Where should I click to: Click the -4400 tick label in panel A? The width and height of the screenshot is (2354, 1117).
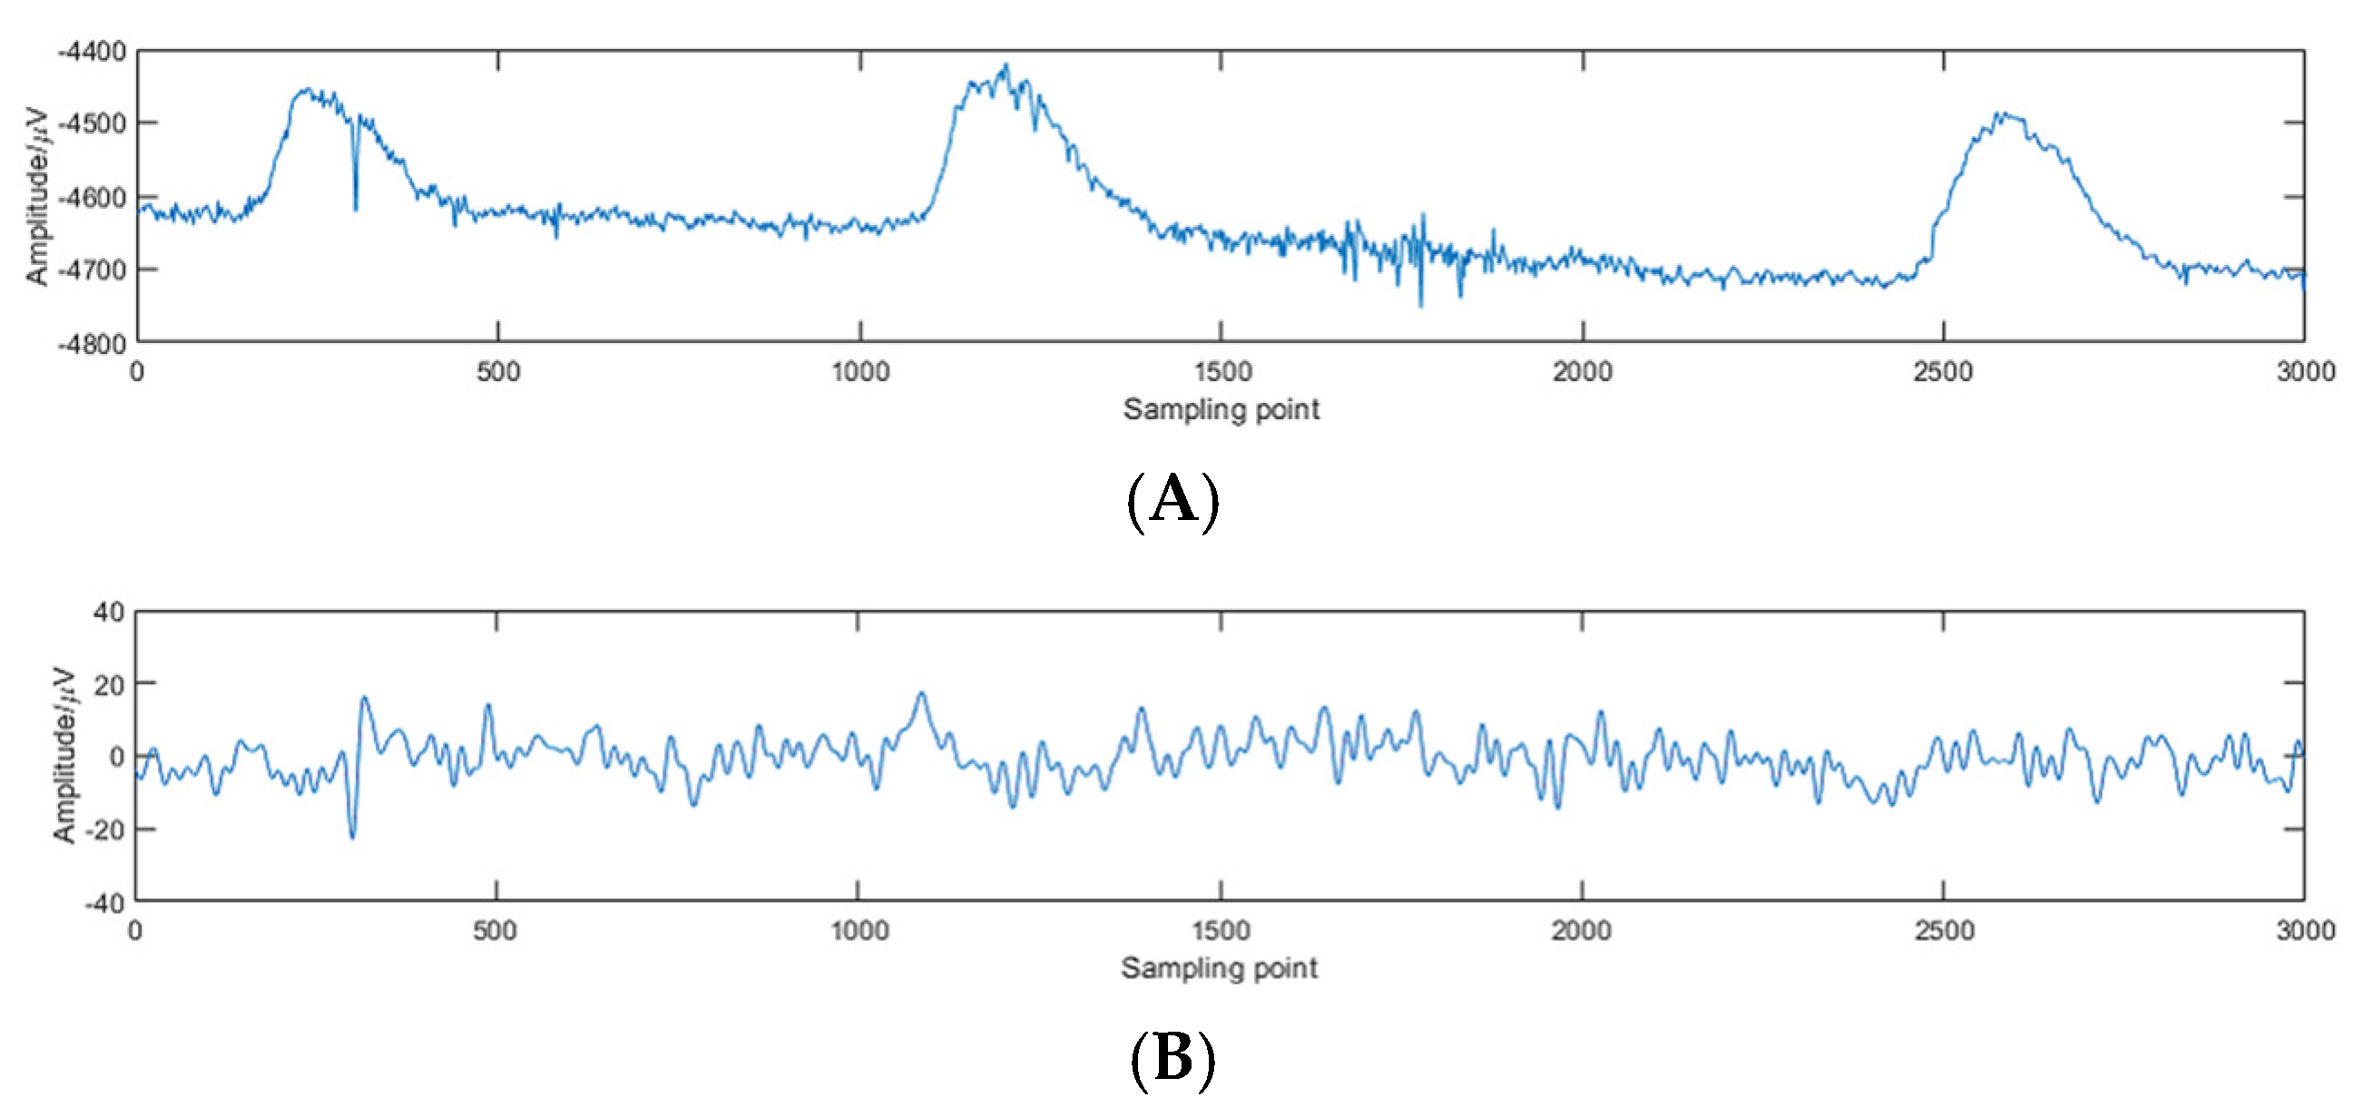(93, 52)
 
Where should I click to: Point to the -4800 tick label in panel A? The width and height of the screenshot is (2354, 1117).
(93, 345)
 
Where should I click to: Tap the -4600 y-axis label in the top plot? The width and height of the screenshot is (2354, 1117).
(93, 198)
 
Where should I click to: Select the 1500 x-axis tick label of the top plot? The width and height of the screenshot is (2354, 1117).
(1221, 372)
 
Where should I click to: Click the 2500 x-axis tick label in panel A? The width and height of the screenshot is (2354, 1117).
(1944, 372)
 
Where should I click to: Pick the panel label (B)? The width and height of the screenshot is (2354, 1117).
(1173, 1059)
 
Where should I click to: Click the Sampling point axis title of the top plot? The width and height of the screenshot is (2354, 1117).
(1221, 409)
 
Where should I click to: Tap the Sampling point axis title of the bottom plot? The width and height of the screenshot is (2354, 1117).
(1219, 968)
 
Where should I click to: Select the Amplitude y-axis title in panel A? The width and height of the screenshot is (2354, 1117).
(36, 197)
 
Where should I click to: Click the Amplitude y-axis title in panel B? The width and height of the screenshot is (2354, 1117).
(63, 754)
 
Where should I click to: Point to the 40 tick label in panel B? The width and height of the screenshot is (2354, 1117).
(109, 612)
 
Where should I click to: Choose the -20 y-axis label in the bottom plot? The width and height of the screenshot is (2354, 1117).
(104, 830)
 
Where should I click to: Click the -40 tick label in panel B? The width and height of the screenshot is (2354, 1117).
(104, 903)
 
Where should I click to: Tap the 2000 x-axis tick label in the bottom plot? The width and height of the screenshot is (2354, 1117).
(1581, 932)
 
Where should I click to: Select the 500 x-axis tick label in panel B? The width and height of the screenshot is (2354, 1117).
(495, 932)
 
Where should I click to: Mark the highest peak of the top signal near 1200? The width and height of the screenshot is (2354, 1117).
(1006, 66)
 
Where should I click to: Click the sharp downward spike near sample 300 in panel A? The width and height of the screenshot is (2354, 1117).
(356, 209)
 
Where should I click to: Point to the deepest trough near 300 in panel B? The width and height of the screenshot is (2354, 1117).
(353, 837)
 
